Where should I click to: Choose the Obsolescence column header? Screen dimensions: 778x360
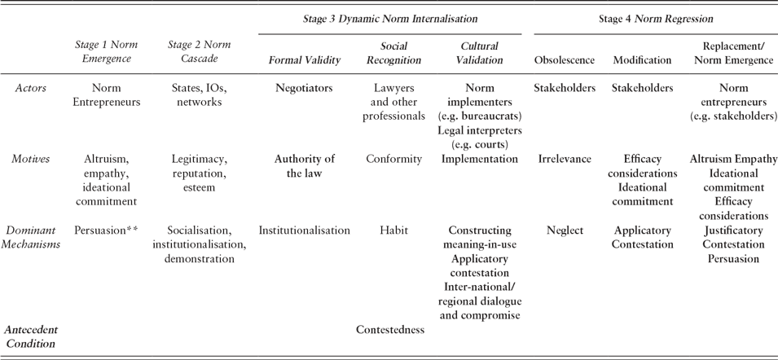(565, 60)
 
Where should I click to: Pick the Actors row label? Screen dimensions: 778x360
(30, 88)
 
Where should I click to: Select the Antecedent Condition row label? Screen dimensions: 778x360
(31, 336)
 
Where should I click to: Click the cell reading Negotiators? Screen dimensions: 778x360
(304, 88)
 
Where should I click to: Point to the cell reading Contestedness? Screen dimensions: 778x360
(390, 330)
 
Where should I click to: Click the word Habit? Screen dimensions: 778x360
(393, 230)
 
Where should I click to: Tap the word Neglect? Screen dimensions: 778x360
(565, 230)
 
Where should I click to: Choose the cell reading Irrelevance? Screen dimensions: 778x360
(565, 159)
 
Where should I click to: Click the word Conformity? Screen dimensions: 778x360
(393, 159)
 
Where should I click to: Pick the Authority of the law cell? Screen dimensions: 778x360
(304, 166)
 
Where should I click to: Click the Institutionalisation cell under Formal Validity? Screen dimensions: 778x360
(304, 230)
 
